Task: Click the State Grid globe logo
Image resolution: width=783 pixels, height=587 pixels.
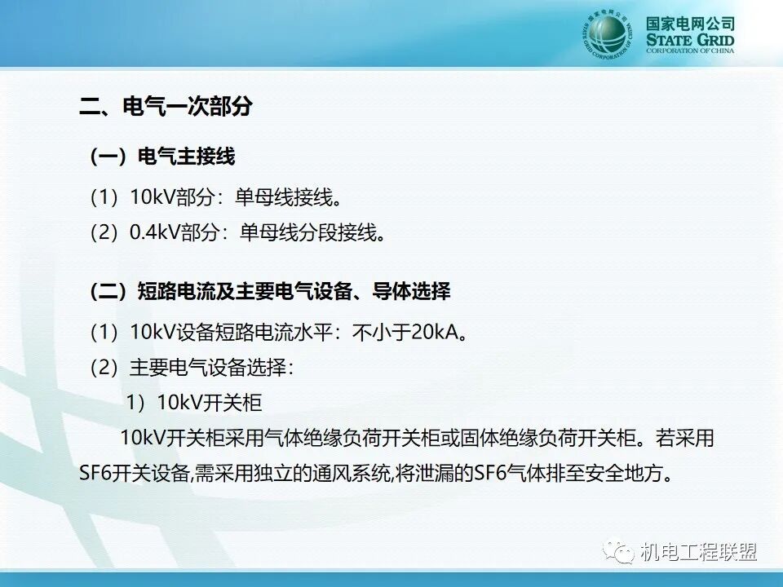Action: pos(607,35)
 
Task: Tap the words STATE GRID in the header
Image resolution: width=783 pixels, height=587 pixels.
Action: pos(690,40)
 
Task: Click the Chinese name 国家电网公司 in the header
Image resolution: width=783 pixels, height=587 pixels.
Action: pos(690,24)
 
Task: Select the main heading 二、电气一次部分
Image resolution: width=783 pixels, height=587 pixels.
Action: pos(166,106)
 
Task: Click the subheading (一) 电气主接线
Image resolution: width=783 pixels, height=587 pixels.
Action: pos(162,157)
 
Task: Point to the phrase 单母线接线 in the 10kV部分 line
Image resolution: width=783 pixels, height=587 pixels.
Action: pos(284,197)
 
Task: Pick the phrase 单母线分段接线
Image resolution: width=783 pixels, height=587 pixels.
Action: pos(308,232)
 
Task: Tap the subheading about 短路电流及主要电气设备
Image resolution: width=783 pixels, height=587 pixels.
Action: pos(270,292)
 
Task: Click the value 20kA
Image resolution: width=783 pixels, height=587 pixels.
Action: pos(434,332)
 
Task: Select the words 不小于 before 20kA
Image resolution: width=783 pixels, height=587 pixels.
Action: pos(381,332)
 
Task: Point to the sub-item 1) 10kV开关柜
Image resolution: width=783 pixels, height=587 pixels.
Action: pos(194,403)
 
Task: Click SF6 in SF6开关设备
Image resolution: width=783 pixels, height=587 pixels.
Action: pos(95,473)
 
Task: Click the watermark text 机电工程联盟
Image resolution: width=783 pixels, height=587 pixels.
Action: pos(699,553)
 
